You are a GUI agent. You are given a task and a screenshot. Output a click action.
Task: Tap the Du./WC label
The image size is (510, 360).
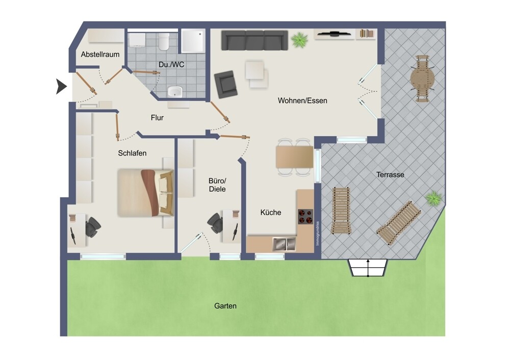(x=171, y=65)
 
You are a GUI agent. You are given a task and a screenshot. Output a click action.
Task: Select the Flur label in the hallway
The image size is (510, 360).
(x=157, y=118)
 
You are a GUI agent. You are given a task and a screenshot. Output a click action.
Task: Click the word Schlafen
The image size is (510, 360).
(x=132, y=153)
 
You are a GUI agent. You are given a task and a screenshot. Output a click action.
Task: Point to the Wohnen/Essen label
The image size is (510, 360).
(x=302, y=100)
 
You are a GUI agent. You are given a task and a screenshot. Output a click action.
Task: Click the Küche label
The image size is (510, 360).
(x=270, y=213)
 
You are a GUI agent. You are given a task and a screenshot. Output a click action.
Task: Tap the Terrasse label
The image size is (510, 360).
(x=390, y=174)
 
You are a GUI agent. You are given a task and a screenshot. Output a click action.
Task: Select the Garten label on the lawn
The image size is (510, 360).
(x=225, y=306)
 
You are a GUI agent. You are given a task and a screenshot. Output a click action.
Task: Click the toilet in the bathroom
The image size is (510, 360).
(x=164, y=41)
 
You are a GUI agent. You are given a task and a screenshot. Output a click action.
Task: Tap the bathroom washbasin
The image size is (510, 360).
(x=175, y=92)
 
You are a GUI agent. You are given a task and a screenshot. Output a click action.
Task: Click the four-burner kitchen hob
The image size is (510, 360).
(x=305, y=217)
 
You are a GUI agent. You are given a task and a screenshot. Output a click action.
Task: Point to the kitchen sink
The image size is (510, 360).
(x=284, y=244)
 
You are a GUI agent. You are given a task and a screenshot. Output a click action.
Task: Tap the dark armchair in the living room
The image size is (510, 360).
(x=226, y=84)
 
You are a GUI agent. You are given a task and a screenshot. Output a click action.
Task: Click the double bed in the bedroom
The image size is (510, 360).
(x=145, y=192)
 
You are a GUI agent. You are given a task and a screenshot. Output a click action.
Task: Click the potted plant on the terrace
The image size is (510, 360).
(x=434, y=198)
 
